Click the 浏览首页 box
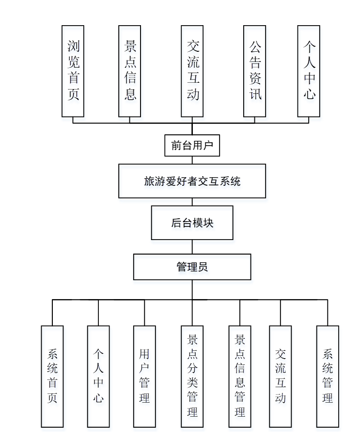[73, 71]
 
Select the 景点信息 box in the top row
[129, 71]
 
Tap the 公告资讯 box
[254, 71]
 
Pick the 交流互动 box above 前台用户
[192, 71]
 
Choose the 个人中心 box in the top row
[309, 71]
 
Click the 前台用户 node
[192, 145]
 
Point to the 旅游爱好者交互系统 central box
[192, 181]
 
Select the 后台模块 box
[192, 223]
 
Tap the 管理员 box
[192, 267]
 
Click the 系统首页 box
[52, 376]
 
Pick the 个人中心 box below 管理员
[98, 376]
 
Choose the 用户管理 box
[144, 376]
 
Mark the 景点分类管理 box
[192, 376]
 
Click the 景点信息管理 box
[239, 376]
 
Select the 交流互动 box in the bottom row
[280, 376]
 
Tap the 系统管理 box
[328, 376]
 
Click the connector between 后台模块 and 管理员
[192, 247]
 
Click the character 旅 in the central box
[149, 181]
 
